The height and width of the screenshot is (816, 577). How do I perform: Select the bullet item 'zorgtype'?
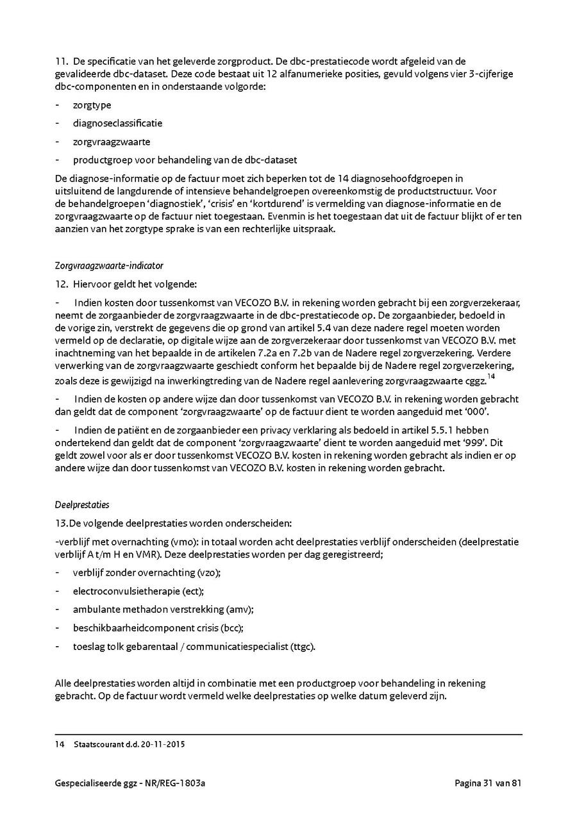coord(92,105)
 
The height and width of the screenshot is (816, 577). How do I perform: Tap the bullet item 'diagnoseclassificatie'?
coord(117,123)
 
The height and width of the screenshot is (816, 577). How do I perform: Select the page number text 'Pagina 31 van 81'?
coord(489,783)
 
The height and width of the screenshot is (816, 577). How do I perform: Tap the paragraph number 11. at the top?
coord(62,62)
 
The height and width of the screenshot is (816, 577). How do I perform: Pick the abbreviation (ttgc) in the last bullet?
coord(303,646)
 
